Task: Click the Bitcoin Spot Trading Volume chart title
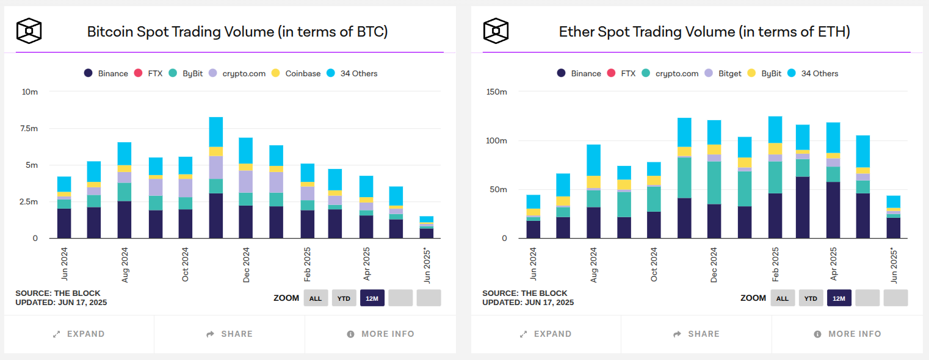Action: tap(237, 31)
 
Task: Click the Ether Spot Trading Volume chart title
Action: tap(704, 31)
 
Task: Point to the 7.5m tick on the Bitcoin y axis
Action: tap(29, 129)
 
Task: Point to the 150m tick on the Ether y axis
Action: tap(495, 92)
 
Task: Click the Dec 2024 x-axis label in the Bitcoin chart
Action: tap(247, 265)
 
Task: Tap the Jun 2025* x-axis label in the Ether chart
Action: tap(894, 265)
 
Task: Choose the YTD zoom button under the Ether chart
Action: tap(810, 298)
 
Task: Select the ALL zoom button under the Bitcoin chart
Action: tap(315, 298)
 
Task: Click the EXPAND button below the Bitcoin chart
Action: tap(79, 334)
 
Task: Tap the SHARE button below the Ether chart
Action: tap(696, 334)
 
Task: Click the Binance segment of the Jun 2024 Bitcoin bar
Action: tap(64, 223)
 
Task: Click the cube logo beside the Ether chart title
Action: tap(496, 31)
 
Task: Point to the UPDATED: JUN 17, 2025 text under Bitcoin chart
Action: tap(61, 302)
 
